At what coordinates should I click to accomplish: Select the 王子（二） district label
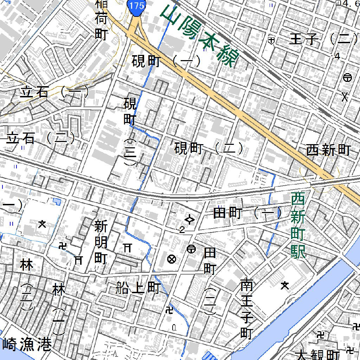(x=320, y=39)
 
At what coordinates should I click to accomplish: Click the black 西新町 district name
(x=328, y=150)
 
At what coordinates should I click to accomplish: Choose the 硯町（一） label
(x=166, y=62)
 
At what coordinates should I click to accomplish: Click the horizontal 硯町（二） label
(x=209, y=149)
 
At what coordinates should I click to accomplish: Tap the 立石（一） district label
(x=54, y=92)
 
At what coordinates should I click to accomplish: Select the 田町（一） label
(x=248, y=213)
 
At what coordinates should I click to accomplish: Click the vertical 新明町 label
(x=101, y=242)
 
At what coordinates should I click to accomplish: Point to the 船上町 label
(x=138, y=288)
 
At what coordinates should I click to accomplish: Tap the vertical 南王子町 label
(x=247, y=309)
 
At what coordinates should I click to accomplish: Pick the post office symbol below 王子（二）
(x=347, y=78)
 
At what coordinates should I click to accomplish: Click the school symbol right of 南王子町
(x=285, y=285)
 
